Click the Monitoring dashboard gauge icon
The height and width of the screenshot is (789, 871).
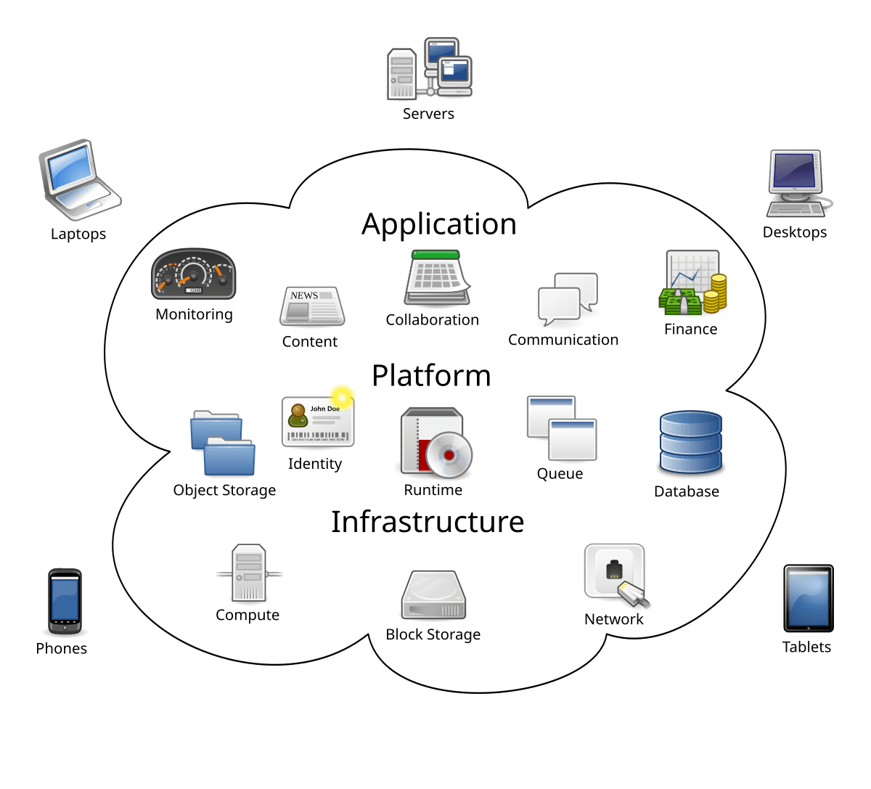[193, 275]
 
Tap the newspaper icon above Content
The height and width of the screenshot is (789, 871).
[311, 306]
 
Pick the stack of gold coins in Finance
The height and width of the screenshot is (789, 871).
[717, 293]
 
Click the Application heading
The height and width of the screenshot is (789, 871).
[439, 224]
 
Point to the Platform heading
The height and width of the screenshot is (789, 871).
[431, 376]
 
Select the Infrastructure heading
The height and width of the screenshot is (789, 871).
[428, 522]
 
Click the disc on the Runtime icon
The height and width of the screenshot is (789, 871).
[449, 455]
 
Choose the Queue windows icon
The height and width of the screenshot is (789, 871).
[561, 428]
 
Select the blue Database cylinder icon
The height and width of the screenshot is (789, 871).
[690, 443]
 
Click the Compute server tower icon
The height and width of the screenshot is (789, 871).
[248, 573]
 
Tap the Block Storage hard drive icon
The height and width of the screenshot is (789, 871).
[433, 595]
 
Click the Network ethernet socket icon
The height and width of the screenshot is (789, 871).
[616, 574]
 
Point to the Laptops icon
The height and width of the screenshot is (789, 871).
[78, 180]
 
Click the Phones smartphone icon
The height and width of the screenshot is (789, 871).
[64, 602]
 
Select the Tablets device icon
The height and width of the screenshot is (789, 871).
[808, 599]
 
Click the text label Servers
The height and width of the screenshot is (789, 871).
[428, 114]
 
